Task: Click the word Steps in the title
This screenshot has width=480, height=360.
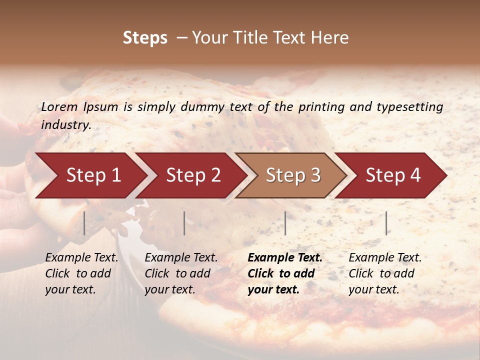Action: click(x=145, y=38)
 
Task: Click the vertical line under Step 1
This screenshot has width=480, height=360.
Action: click(x=84, y=223)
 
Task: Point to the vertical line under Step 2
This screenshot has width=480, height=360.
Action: click(x=184, y=223)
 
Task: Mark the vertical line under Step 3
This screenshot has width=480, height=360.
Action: click(x=285, y=223)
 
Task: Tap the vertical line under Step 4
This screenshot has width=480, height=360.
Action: click(x=386, y=223)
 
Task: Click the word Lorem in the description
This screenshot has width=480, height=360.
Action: click(x=60, y=106)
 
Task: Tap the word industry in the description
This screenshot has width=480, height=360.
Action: click(x=66, y=125)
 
